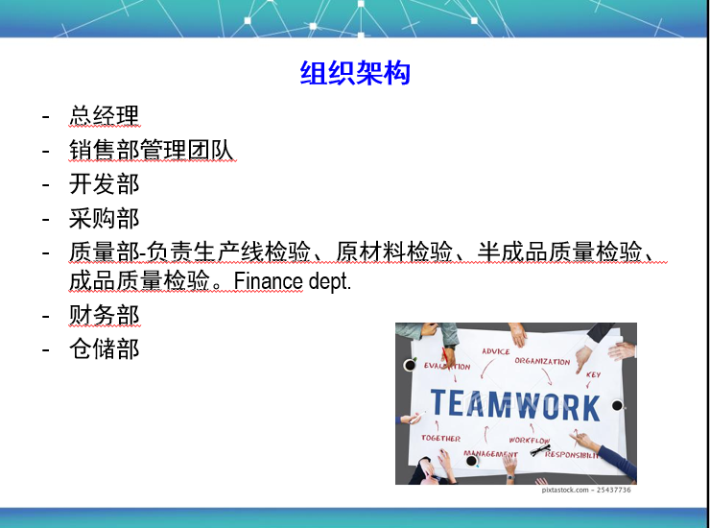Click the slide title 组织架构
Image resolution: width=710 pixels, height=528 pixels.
[x=355, y=73]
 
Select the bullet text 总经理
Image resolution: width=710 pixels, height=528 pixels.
[x=105, y=115]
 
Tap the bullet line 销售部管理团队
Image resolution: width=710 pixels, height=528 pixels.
[x=152, y=150]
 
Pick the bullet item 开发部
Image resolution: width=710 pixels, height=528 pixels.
[x=105, y=184]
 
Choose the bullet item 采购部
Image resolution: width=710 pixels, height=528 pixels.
[x=105, y=219]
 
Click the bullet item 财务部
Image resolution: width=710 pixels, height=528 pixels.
[x=105, y=315]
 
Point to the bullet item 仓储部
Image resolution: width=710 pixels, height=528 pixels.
[x=105, y=349]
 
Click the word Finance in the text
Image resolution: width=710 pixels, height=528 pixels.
[x=268, y=281]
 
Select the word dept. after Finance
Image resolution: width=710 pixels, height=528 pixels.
[x=330, y=281]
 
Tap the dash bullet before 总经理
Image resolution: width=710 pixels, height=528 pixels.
[x=45, y=116]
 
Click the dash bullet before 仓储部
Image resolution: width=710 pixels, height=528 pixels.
[x=45, y=349]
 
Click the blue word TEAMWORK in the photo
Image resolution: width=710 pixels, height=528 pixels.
[x=515, y=405]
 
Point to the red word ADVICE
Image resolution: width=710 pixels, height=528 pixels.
[x=496, y=351]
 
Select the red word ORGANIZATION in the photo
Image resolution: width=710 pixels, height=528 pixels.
[x=542, y=361]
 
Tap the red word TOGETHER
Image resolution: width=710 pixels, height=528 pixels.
[x=440, y=439]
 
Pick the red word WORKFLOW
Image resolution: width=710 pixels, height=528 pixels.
[x=529, y=440]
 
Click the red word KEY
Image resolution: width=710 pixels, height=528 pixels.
[x=593, y=374]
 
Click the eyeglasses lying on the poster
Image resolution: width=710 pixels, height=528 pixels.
[x=540, y=449]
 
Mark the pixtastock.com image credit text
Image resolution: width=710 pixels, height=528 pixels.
[x=586, y=490]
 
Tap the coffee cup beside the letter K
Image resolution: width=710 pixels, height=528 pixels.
[x=618, y=405]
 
